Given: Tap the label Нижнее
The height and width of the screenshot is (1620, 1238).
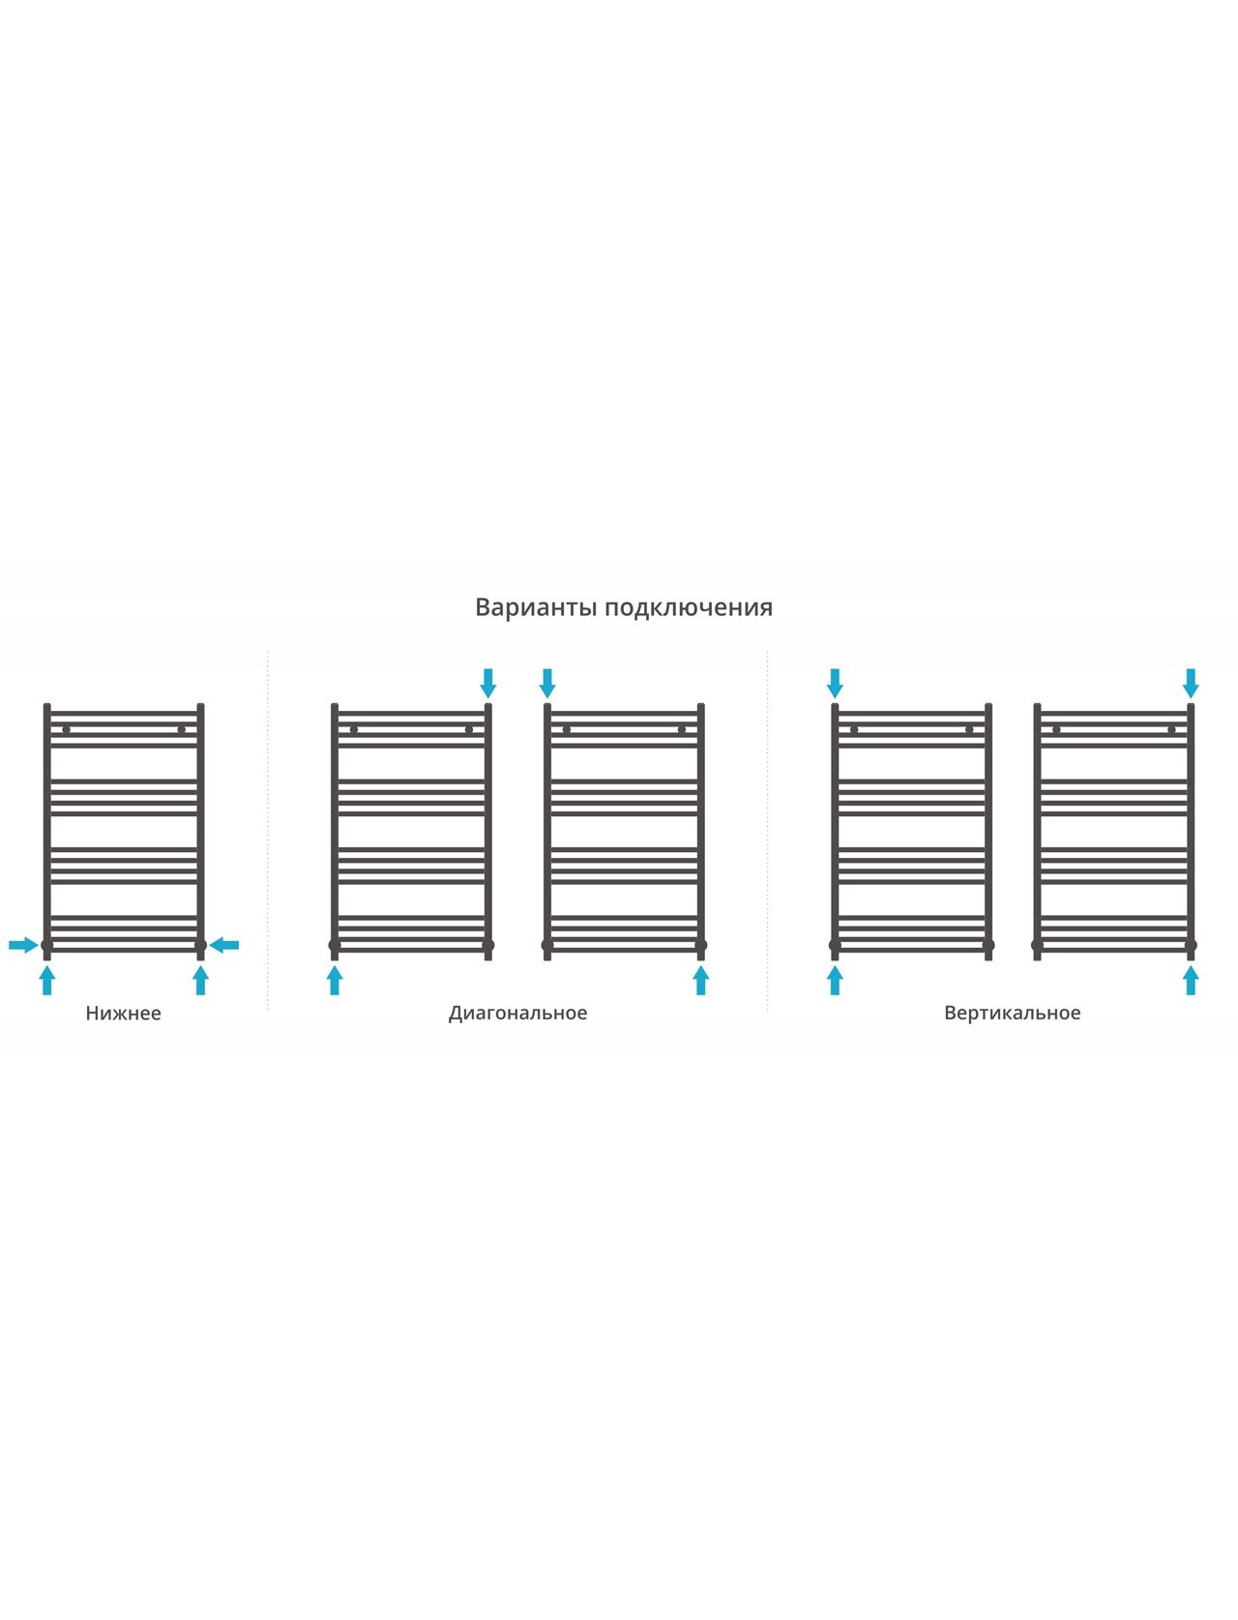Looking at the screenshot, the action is click(123, 1014).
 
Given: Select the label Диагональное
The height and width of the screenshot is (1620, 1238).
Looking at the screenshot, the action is click(517, 1014).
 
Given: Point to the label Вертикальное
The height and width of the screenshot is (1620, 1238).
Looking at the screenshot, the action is click(1013, 1014).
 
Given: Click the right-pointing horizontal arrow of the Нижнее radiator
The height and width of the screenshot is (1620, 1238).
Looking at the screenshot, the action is click(23, 945).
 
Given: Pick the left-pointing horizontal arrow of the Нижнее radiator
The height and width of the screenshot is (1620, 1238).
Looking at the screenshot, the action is click(224, 945).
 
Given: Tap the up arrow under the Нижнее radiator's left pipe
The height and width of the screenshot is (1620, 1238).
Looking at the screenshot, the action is click(47, 981).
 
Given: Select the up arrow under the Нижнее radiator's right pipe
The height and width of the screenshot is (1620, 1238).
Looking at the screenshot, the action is click(200, 981).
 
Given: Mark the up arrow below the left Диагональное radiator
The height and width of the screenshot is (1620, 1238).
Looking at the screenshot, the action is click(335, 981).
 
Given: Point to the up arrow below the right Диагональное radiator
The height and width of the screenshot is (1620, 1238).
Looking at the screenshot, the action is click(701, 981).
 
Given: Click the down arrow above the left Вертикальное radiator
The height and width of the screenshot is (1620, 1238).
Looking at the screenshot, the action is click(836, 684).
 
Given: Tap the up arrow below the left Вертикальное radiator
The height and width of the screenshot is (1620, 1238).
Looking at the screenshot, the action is click(836, 981).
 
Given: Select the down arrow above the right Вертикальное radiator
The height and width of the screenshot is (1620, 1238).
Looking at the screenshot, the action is click(1191, 684).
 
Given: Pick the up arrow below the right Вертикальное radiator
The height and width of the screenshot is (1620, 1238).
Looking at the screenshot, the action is click(1191, 981).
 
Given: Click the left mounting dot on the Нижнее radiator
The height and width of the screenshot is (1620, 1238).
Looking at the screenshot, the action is click(67, 730).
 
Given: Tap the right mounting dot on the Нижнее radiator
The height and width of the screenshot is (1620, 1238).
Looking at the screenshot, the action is click(182, 730).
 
